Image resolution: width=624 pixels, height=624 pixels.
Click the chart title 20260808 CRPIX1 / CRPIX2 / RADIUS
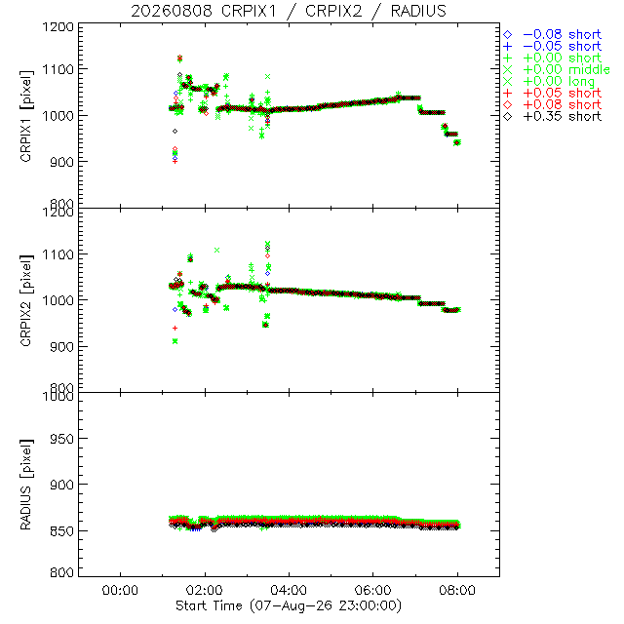289,11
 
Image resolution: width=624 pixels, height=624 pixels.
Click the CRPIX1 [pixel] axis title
26,116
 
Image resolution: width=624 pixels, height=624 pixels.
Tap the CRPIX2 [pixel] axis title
26,300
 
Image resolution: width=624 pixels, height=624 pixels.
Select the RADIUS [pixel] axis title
26,485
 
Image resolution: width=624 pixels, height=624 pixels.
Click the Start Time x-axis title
289,605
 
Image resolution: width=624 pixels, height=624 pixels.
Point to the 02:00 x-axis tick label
205,590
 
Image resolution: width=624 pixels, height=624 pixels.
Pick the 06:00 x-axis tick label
372,590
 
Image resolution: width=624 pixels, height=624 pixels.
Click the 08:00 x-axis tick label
457,590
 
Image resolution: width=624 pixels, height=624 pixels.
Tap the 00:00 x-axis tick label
120,590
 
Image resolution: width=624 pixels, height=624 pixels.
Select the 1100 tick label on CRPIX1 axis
58,69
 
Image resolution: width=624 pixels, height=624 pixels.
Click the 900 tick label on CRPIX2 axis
62,346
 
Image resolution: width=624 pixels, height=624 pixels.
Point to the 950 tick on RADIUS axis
62,439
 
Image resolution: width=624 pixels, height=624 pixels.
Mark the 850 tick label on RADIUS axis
62,530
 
